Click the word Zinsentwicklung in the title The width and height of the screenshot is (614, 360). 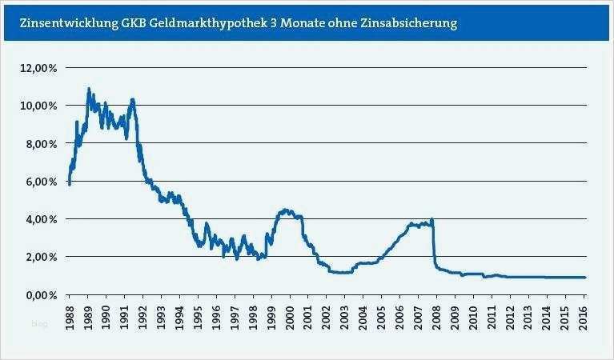tap(58, 23)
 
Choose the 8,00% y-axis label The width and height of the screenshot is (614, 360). tap(41, 143)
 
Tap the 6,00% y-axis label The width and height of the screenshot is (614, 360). tap(41, 182)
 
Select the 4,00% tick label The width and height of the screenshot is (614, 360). tap(41, 219)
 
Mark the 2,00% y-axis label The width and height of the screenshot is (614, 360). tap(41, 257)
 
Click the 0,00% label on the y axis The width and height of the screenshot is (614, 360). tap(41, 294)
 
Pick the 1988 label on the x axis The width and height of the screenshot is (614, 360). tap(70, 313)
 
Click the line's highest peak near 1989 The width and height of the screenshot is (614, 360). tap(88, 89)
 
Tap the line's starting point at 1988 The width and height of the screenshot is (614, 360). tap(70, 183)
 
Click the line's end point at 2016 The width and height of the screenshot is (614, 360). tap(585, 278)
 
